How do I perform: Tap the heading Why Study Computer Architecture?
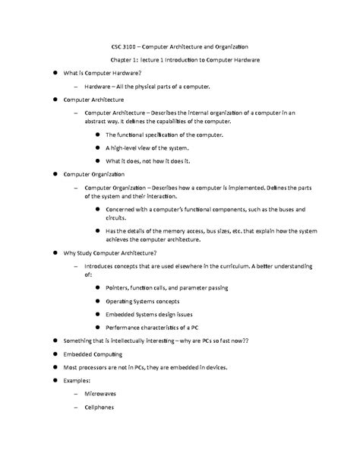point(110,252)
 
